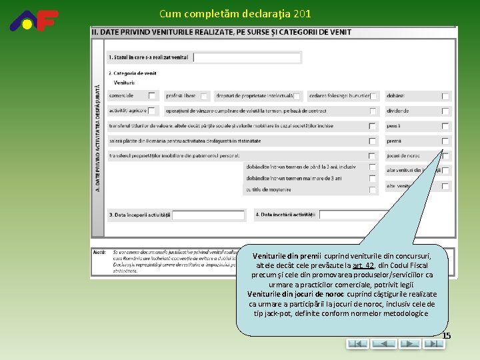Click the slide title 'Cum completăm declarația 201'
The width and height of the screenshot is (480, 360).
[x=235, y=13]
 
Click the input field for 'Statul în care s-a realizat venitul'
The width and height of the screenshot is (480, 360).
[x=247, y=57]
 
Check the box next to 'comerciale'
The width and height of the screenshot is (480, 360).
[x=152, y=96]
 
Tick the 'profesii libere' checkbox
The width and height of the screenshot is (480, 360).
[x=204, y=96]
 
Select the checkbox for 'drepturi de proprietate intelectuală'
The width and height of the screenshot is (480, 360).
[x=297, y=96]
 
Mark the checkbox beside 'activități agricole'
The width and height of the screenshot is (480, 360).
[x=152, y=111]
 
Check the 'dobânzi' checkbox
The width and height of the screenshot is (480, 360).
[x=445, y=96]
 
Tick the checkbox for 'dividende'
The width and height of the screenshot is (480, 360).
[x=445, y=111]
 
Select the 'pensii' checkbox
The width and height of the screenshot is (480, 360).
[x=445, y=126]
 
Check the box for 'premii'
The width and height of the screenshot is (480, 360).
[x=445, y=141]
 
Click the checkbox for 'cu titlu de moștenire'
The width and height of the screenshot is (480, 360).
[x=373, y=189]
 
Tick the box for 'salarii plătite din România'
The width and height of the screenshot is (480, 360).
[x=373, y=141]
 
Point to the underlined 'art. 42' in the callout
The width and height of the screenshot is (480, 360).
[x=363, y=265]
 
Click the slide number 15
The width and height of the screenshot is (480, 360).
[x=446, y=335]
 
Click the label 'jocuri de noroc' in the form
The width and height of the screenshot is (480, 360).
[x=403, y=156]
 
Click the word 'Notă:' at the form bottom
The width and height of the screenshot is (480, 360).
[x=100, y=252]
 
